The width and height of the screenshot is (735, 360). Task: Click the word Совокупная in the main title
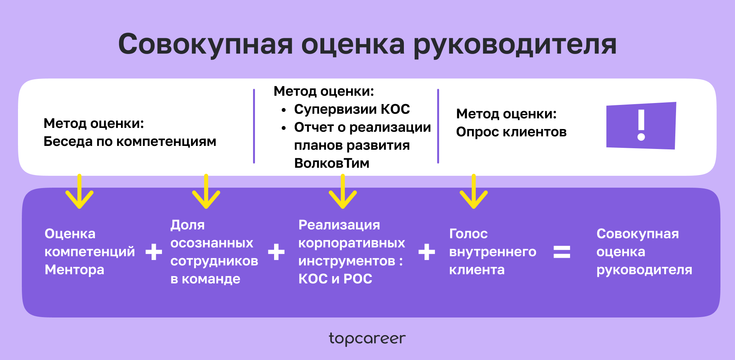[206, 44]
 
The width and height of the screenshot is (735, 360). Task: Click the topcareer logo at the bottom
[367, 339]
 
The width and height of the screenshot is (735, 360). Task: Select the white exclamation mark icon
[641, 125]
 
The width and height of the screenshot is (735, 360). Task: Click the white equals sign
[562, 252]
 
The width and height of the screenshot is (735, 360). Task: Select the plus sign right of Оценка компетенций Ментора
[154, 252]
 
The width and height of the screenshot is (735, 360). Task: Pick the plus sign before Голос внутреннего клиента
[426, 252]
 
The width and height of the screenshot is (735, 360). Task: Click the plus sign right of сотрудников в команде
[276, 252]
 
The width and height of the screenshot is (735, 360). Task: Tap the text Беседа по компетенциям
[130, 142]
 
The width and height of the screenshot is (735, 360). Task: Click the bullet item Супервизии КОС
[352, 110]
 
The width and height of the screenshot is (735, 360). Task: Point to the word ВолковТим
[332, 164]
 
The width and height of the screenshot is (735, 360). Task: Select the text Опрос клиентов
[511, 132]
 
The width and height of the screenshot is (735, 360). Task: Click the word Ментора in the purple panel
[74, 270]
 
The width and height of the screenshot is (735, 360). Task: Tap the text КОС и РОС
[335, 279]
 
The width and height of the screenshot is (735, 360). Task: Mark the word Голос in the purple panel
[468, 234]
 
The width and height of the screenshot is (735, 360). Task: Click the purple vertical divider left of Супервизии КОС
[254, 126]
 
